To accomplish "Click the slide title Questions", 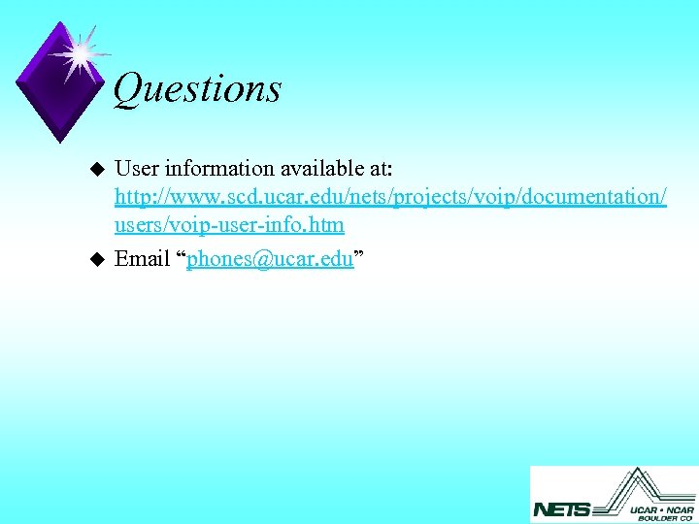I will (197, 89).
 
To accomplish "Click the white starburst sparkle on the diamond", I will (79, 53).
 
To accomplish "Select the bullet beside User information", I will (95, 169).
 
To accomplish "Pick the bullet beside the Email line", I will (95, 259).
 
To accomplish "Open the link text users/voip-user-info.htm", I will (229, 224).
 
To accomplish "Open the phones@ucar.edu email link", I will (270, 260).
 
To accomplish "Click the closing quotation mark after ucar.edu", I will (359, 256).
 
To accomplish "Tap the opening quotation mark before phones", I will (181, 256).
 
